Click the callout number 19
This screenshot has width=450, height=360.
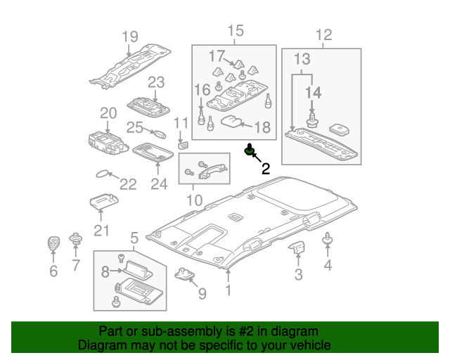pyautogui.click(x=129, y=37)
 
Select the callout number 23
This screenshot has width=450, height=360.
pyautogui.click(x=155, y=82)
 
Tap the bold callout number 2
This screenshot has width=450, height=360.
pyautogui.click(x=265, y=168)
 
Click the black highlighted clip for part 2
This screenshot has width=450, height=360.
pyautogui.click(x=250, y=150)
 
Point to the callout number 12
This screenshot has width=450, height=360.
pyautogui.click(x=323, y=34)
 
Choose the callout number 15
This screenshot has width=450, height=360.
pyautogui.click(x=235, y=30)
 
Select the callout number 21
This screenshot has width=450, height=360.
pyautogui.click(x=103, y=231)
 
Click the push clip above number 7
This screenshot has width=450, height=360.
pyautogui.click(x=75, y=240)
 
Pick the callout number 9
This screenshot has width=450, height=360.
pyautogui.click(x=202, y=293)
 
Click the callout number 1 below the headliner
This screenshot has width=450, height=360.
pyautogui.click(x=228, y=290)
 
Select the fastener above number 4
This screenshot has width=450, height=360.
pyautogui.click(x=327, y=240)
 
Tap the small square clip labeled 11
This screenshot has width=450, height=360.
pyautogui.click(x=183, y=146)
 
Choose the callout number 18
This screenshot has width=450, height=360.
pyautogui.click(x=262, y=127)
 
